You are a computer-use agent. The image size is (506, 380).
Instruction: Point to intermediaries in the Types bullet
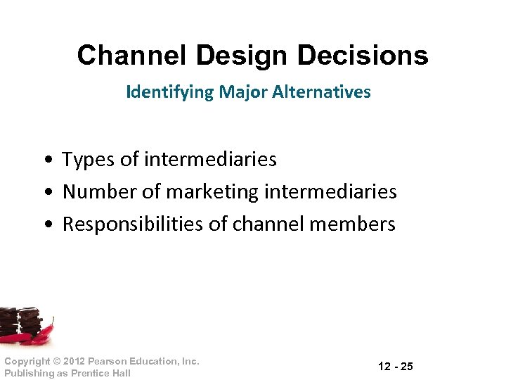point(210,160)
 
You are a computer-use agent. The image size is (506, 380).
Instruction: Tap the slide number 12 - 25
point(396,367)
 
